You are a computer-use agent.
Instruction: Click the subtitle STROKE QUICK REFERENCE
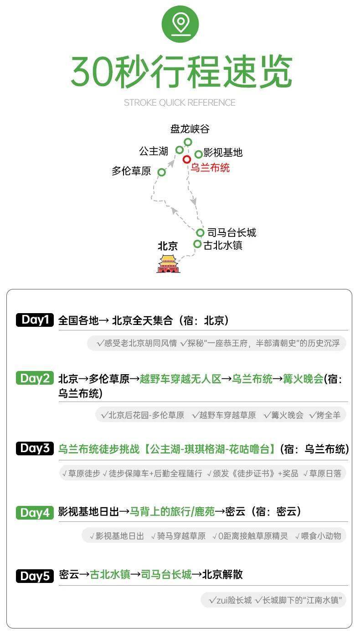click(x=180, y=103)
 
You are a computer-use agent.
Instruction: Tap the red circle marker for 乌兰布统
click(x=186, y=159)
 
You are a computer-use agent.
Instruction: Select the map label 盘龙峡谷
click(x=190, y=129)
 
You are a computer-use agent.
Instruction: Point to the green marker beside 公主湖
click(x=180, y=150)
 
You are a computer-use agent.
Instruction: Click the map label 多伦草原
click(x=131, y=171)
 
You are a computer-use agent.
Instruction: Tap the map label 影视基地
click(x=223, y=153)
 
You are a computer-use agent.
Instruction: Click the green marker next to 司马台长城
click(x=200, y=233)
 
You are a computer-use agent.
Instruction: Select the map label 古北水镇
click(x=223, y=245)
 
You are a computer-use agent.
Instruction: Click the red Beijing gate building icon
click(x=168, y=264)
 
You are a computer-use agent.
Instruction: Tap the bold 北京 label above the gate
click(x=168, y=246)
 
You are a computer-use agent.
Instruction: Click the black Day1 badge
click(x=35, y=320)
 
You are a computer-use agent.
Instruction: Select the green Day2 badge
click(x=35, y=378)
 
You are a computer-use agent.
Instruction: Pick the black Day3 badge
click(x=35, y=448)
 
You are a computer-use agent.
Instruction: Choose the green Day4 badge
click(x=35, y=513)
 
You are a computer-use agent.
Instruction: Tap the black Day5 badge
click(x=35, y=576)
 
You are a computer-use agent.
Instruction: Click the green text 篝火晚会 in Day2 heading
click(x=303, y=379)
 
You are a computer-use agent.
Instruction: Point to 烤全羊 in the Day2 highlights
click(x=329, y=415)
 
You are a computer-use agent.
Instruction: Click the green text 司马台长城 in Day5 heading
click(x=166, y=575)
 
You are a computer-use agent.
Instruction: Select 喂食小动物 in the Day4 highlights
click(x=321, y=536)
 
